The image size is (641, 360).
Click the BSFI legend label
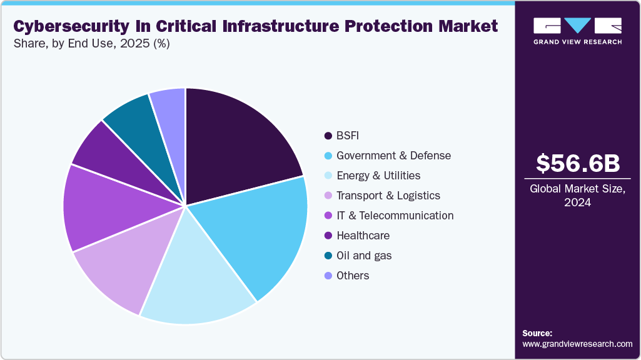coord(348,136)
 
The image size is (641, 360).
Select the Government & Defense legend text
coord(393,156)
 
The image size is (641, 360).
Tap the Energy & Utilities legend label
coord(378,176)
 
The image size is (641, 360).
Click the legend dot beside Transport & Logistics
coord(328,196)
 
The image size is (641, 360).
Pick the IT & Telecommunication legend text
coord(395,216)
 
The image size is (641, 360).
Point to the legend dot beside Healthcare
coord(328,236)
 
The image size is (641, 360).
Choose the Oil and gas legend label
coord(364,256)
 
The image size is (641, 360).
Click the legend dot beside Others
coord(328,276)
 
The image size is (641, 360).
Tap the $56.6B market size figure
coord(578,163)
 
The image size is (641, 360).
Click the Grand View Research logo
coord(578,31)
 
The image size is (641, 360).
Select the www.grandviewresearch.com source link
coord(577,344)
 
